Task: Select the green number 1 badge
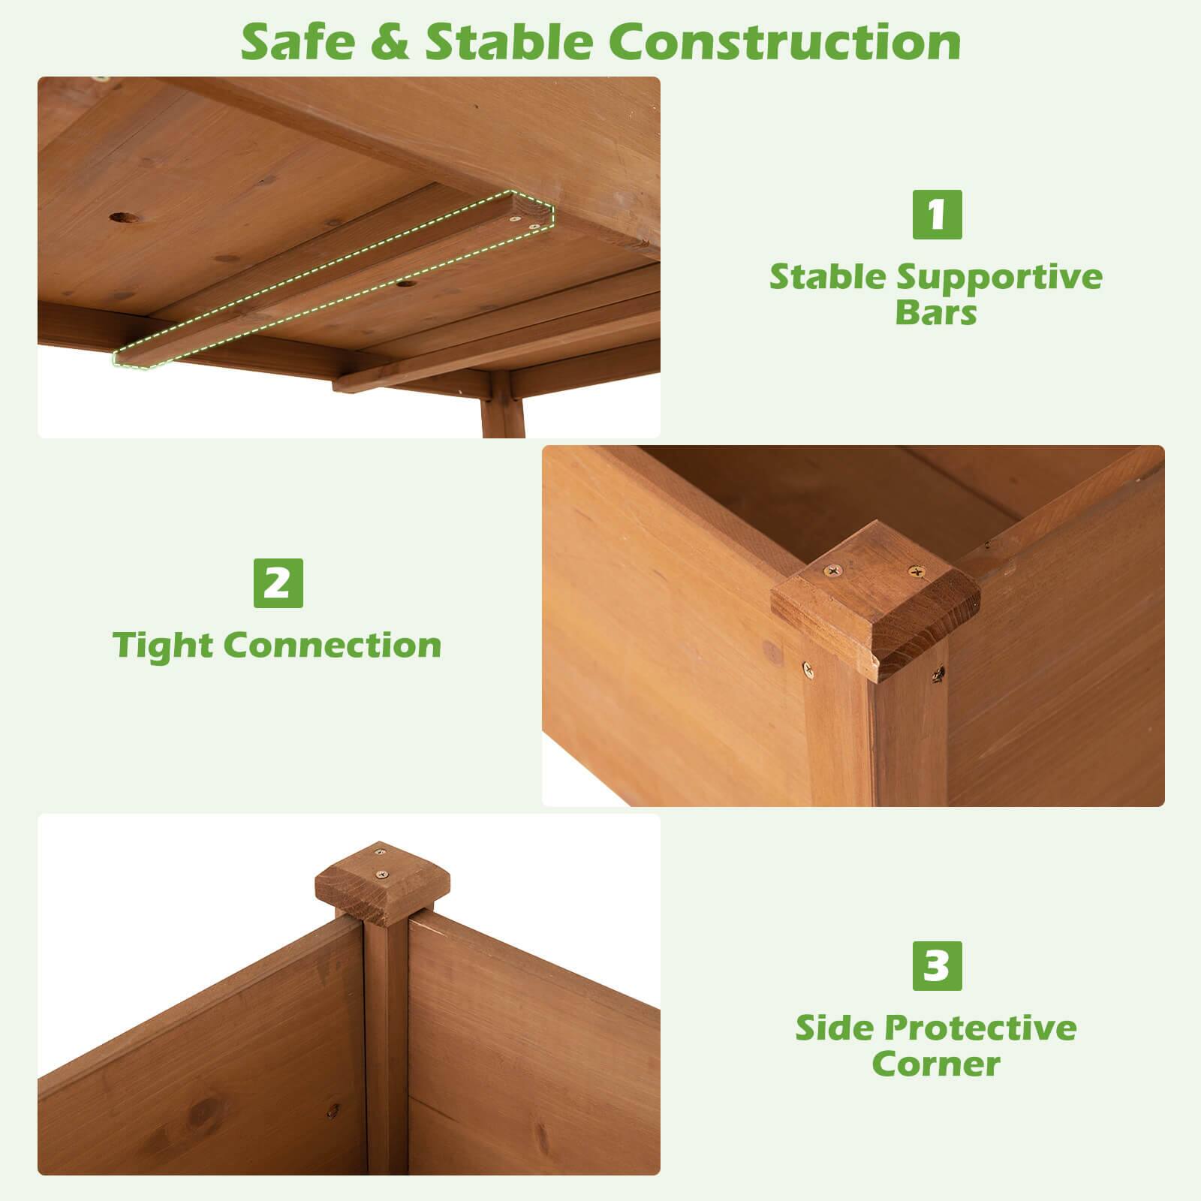pyautogui.click(x=937, y=215)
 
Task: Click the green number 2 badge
pyautogui.click(x=278, y=583)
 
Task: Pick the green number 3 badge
pyautogui.click(x=937, y=966)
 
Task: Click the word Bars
pyautogui.click(x=936, y=313)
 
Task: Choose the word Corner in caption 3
pyautogui.click(x=936, y=1064)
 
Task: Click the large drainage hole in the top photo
pyautogui.click(x=125, y=218)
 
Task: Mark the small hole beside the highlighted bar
pyautogui.click(x=405, y=284)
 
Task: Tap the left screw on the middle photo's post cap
pyautogui.click(x=832, y=573)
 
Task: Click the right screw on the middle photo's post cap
pyautogui.click(x=917, y=572)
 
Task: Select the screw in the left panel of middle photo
pyautogui.click(x=808, y=667)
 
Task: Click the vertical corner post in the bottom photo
pyautogui.click(x=386, y=1051)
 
